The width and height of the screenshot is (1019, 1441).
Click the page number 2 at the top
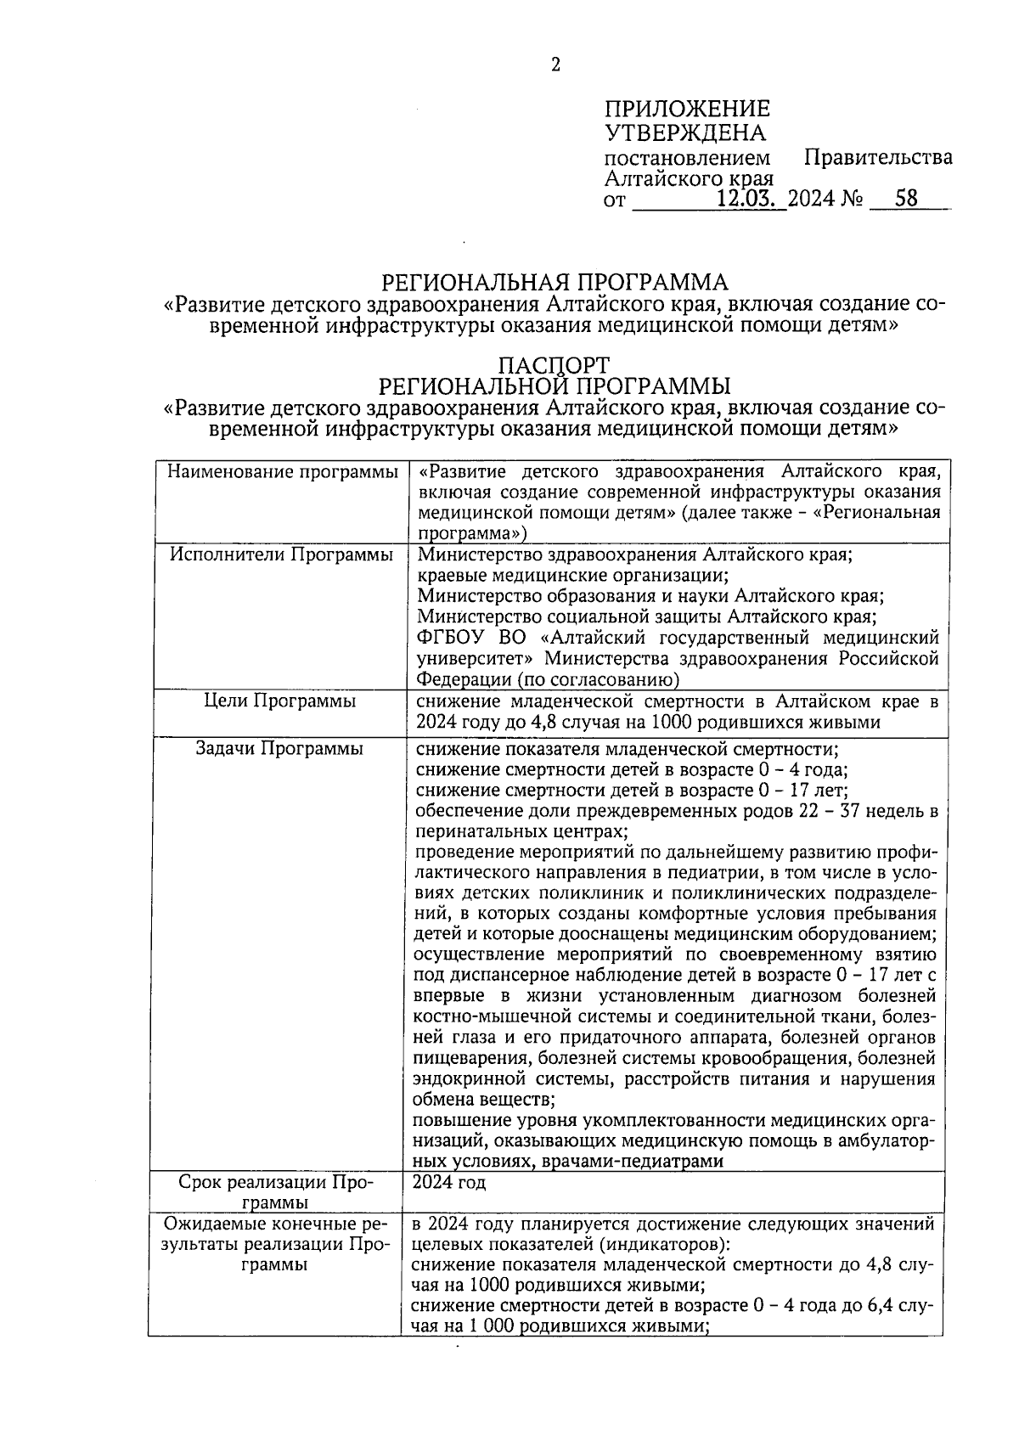(x=555, y=65)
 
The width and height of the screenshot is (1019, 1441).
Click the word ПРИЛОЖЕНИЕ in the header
(x=687, y=110)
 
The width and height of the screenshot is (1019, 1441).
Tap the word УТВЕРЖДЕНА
(x=684, y=133)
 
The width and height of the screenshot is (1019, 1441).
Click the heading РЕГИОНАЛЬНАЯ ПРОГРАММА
(x=555, y=282)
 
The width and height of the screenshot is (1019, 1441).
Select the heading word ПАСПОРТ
(x=554, y=365)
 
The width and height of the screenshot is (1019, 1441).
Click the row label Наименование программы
(x=282, y=472)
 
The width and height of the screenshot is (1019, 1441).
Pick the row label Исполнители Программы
(x=282, y=555)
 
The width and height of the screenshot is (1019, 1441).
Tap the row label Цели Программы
(x=280, y=701)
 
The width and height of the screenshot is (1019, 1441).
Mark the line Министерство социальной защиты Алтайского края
(x=647, y=616)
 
